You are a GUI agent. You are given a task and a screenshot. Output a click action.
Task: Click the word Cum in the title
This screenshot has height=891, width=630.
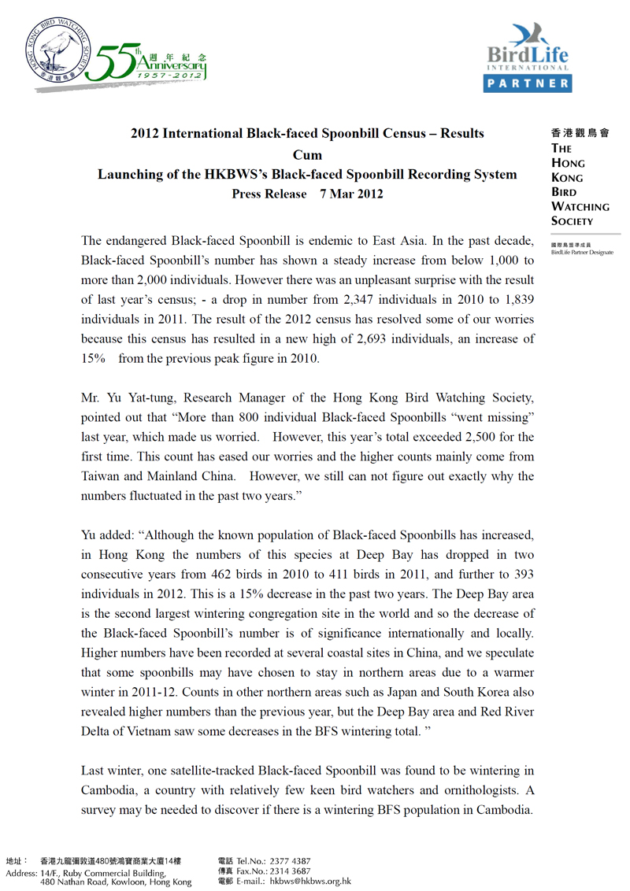point(307,154)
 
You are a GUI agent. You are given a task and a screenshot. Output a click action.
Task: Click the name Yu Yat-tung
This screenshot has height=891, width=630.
point(146,397)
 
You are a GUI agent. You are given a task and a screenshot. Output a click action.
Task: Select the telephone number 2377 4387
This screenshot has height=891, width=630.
point(291,861)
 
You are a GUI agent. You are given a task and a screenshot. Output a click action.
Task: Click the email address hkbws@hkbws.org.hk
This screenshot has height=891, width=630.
point(310,882)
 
